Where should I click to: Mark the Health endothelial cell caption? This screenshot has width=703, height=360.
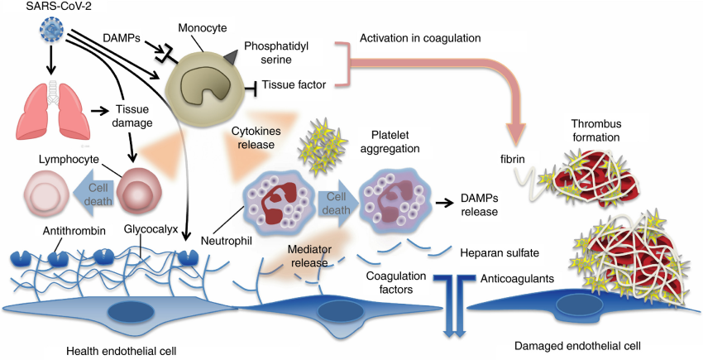click(123, 348)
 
